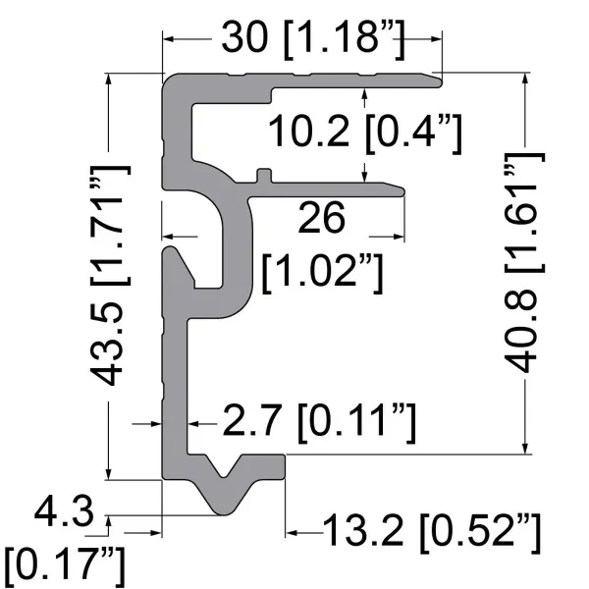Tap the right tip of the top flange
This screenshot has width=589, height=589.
tap(439, 78)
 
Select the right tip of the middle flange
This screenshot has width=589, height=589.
tap(402, 188)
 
